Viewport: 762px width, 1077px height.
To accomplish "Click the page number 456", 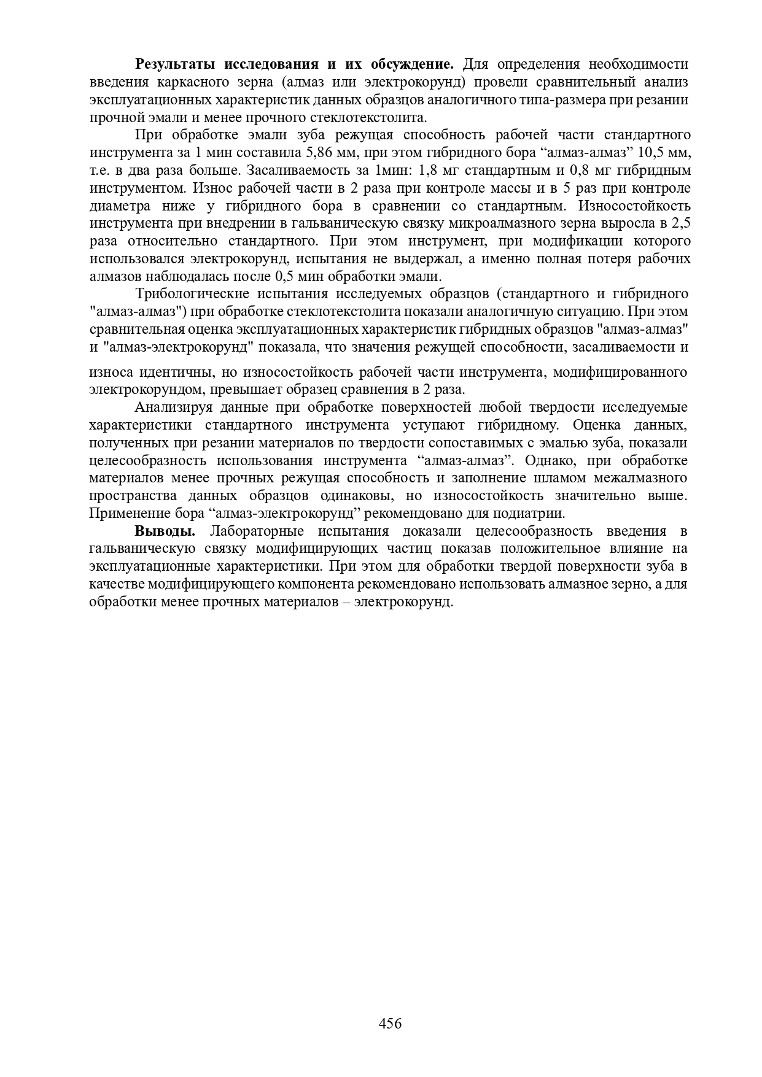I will pyautogui.click(x=390, y=1023).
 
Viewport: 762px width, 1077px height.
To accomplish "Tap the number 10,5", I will pyautogui.click(x=651, y=152).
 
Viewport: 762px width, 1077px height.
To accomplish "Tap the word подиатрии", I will pyautogui.click(x=534, y=513).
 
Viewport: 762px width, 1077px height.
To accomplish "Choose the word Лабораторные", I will pyautogui.click(x=257, y=531).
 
